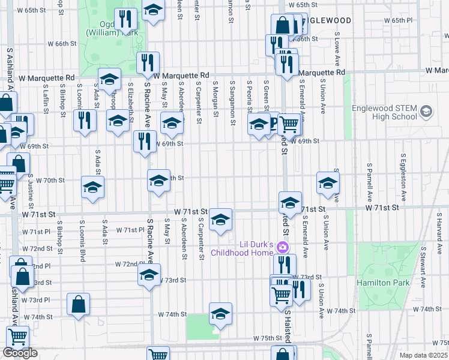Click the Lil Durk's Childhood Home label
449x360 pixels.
pos(248,248)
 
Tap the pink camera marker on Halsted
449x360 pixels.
pos(285,248)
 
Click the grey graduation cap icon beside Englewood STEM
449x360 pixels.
pos(426,111)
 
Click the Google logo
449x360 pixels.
pos(20,353)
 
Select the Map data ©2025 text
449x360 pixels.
pos(424,355)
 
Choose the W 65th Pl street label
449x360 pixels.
pos(401,20)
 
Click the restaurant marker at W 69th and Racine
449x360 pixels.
pos(145,142)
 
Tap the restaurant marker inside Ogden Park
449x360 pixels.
pos(125,19)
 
